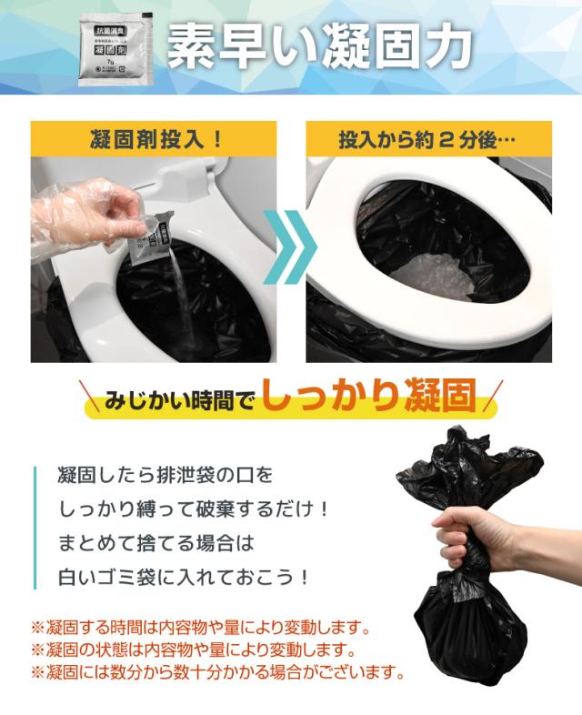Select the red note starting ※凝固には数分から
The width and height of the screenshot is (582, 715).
pos(218,674)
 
